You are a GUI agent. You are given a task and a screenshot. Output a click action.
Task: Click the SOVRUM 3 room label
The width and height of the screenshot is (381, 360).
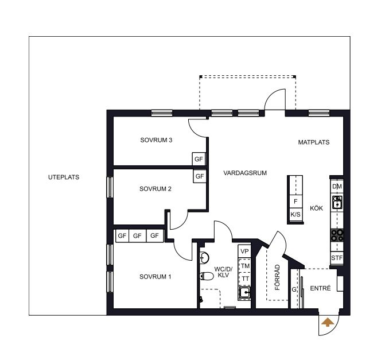pyautogui.click(x=156, y=140)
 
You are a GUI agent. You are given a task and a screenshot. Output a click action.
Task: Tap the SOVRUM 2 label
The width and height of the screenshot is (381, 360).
pyautogui.click(x=155, y=189)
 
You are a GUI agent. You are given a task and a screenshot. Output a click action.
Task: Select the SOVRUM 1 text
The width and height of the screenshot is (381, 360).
pyautogui.click(x=155, y=277)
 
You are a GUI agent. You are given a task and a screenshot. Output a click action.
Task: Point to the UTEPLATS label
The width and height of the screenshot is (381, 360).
pyautogui.click(x=64, y=177)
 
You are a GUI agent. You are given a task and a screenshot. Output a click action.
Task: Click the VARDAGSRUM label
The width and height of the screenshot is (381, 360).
pyautogui.click(x=245, y=173)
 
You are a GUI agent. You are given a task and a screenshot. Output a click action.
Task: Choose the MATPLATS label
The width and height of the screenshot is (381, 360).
pyautogui.click(x=314, y=142)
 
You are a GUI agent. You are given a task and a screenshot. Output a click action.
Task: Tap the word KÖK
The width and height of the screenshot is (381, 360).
pyautogui.click(x=316, y=208)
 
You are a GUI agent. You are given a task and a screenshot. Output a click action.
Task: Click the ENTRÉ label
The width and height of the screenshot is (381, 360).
pyautogui.click(x=320, y=288)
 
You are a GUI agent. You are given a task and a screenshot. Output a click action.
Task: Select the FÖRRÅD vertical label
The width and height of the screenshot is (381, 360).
pyautogui.click(x=278, y=277)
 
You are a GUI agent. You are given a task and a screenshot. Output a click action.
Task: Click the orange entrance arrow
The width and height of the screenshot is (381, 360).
pyautogui.click(x=328, y=322)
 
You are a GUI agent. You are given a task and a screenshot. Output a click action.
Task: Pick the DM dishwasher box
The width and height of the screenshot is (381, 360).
pyautogui.click(x=337, y=187)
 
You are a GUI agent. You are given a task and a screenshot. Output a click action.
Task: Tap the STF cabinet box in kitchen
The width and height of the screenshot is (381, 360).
pyautogui.click(x=337, y=258)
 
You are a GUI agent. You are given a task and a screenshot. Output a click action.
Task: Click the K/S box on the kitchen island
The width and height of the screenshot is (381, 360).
pyautogui.click(x=296, y=214)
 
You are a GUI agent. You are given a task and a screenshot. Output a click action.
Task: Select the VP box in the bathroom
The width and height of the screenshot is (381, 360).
pyautogui.click(x=244, y=251)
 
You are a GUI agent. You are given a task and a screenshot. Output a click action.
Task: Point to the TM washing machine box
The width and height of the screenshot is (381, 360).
pyautogui.click(x=245, y=266)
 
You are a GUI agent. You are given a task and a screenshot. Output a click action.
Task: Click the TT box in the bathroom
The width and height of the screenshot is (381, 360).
pyautogui.click(x=245, y=278)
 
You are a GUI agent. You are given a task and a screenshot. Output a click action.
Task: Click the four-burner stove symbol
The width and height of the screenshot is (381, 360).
pyautogui.click(x=337, y=235)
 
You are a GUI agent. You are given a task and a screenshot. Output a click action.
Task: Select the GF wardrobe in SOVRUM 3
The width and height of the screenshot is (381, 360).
pyautogui.click(x=199, y=159)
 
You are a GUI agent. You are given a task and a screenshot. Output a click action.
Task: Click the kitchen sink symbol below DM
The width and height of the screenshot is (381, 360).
pyautogui.click(x=337, y=202)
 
